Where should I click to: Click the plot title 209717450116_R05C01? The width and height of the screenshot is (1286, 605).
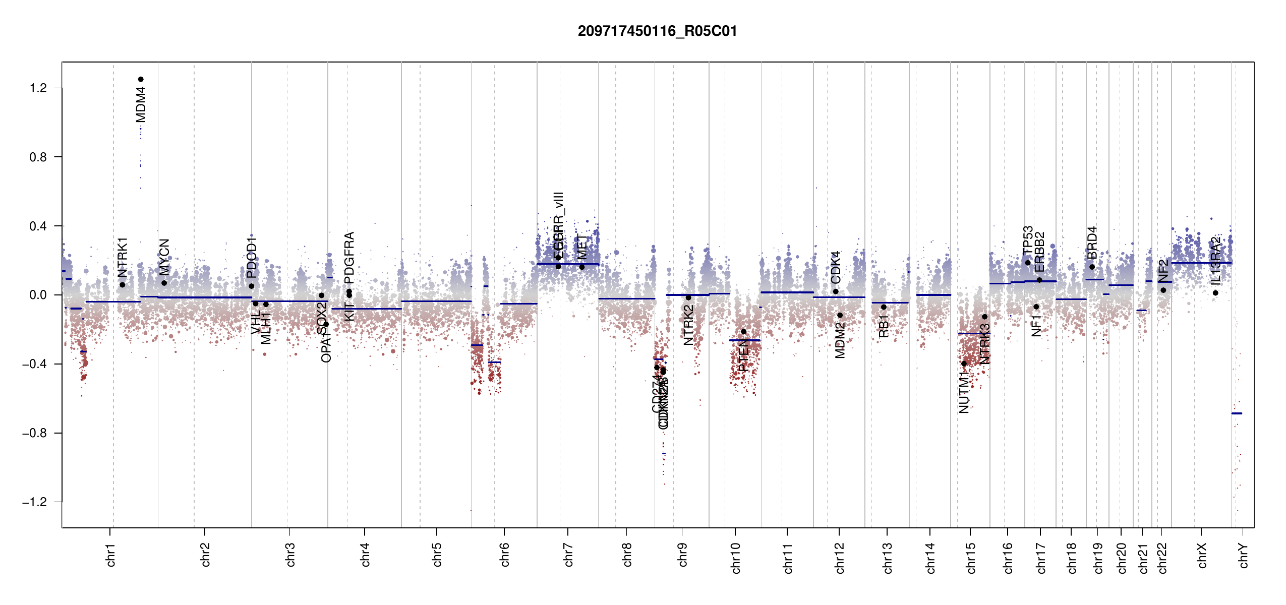(x=657, y=31)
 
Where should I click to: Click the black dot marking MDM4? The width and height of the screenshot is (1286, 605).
(x=141, y=79)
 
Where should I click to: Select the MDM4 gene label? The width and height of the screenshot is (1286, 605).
(x=141, y=104)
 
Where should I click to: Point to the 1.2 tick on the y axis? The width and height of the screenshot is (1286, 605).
(x=38, y=88)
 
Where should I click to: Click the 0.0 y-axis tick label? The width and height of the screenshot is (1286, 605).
(x=38, y=295)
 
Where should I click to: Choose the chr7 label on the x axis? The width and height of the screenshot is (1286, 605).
(x=568, y=555)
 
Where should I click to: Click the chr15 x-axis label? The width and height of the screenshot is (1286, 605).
(x=971, y=558)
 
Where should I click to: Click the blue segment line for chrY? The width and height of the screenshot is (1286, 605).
(x=1237, y=413)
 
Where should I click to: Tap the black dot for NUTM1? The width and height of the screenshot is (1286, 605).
(x=964, y=364)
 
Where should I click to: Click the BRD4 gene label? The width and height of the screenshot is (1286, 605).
(x=1092, y=243)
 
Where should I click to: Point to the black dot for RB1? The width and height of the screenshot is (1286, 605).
(x=884, y=307)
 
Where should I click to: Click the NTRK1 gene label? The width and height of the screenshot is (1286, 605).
(x=123, y=257)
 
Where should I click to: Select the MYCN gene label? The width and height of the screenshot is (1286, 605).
(x=164, y=257)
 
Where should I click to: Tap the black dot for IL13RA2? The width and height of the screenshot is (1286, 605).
(x=1215, y=293)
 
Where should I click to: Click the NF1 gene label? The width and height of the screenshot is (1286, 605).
(x=1036, y=326)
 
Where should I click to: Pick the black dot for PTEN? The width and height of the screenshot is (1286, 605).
(x=743, y=331)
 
